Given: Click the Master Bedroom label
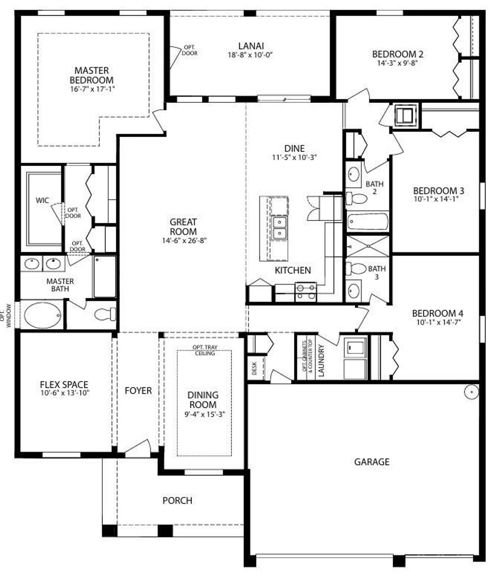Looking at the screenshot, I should click(x=91, y=75).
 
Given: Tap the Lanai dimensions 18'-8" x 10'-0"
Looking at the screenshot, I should click(x=250, y=55).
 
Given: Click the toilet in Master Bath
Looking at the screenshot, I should click(x=104, y=314).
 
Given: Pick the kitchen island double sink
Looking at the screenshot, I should click(x=279, y=228).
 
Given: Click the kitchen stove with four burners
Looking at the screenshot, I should click(x=306, y=292).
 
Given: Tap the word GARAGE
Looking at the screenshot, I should click(x=372, y=462).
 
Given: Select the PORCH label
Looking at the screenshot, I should click(x=177, y=500).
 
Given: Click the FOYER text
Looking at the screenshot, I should click(x=138, y=391).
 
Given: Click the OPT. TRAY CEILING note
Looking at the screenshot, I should click(x=205, y=351).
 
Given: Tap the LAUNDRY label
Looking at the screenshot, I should click(x=321, y=360).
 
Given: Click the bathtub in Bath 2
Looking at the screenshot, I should click(x=367, y=221).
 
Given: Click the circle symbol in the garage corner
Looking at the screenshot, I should click(x=471, y=392).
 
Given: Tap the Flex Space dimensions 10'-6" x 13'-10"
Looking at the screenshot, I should click(x=65, y=393).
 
